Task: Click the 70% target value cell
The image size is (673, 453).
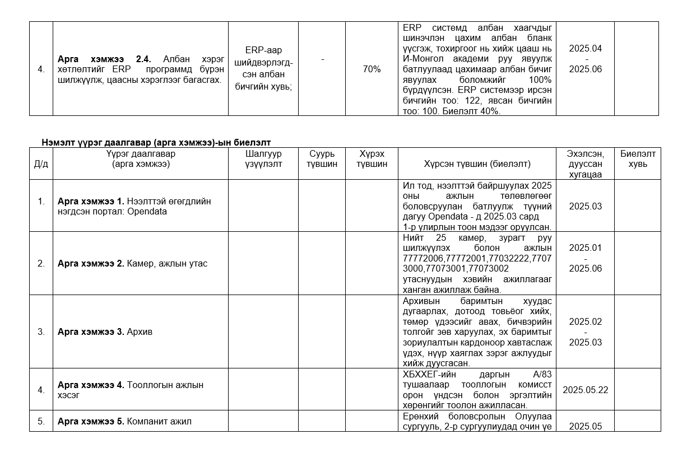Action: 372,69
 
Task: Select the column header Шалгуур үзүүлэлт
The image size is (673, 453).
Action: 263,158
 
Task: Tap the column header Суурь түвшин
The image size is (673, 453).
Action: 322,158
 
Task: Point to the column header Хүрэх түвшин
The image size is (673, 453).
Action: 372,158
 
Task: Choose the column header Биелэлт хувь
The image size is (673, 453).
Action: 637,158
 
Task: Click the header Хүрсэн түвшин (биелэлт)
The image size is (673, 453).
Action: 477,164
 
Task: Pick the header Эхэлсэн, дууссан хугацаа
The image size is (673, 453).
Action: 585,164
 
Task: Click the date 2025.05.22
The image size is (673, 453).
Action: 585,390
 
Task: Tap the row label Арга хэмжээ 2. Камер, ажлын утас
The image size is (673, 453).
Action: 132,263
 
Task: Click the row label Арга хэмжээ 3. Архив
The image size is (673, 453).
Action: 105,331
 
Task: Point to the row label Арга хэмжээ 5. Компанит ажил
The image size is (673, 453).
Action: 124,421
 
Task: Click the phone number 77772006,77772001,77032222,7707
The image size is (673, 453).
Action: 477,258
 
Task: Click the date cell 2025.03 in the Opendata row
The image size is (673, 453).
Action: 585,206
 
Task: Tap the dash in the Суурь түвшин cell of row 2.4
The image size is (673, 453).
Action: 322,59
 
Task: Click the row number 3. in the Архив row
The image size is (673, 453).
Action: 41,331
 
